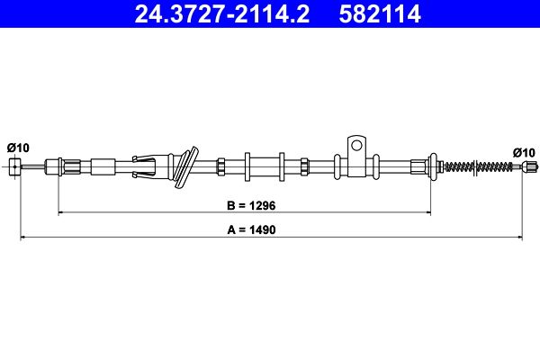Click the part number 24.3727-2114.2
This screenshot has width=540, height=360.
pos(222,13)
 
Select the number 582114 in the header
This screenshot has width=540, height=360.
pos(380,13)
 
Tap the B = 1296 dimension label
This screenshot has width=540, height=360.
pos(251,206)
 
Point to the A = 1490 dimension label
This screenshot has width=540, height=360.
pos(251,229)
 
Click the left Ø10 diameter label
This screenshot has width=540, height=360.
pos(18,148)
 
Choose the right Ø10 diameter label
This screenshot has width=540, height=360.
pos(524,152)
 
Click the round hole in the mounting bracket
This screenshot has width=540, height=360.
pos(356,145)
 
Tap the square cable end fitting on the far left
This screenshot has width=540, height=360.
pos(14,167)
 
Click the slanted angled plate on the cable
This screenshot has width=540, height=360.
pos(186,167)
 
